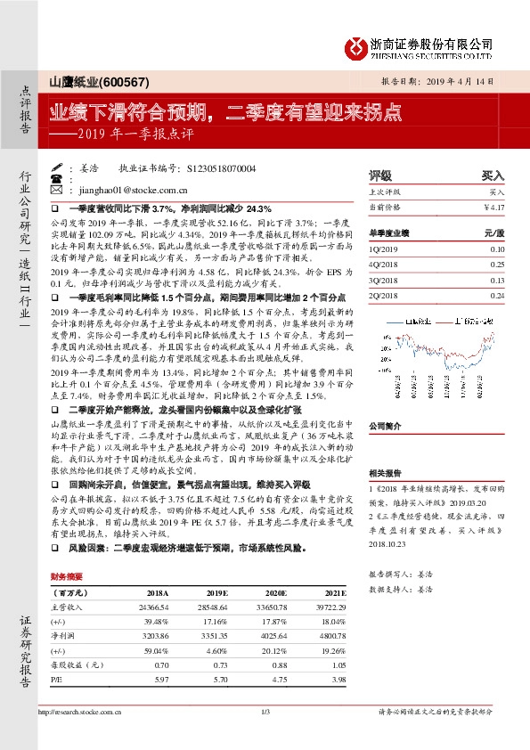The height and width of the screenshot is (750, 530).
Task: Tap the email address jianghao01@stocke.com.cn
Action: pos(135,190)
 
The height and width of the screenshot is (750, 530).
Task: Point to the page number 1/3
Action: pos(265,713)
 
